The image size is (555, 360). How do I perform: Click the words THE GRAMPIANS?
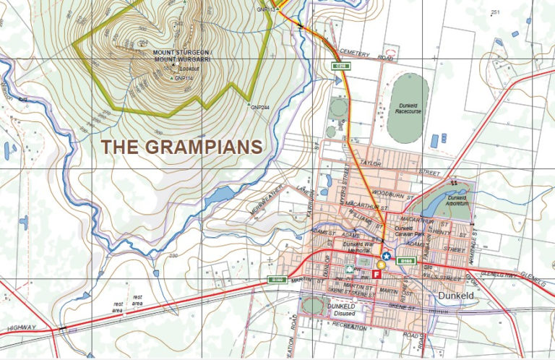(x=181, y=147)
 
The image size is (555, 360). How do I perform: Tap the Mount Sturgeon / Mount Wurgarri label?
(x=180, y=56)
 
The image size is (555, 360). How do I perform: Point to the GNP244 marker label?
(x=259, y=108)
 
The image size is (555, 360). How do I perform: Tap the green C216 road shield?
(x=340, y=66)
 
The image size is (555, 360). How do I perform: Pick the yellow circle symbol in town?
(x=381, y=265)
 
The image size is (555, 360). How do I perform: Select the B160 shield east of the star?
(x=405, y=260)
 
